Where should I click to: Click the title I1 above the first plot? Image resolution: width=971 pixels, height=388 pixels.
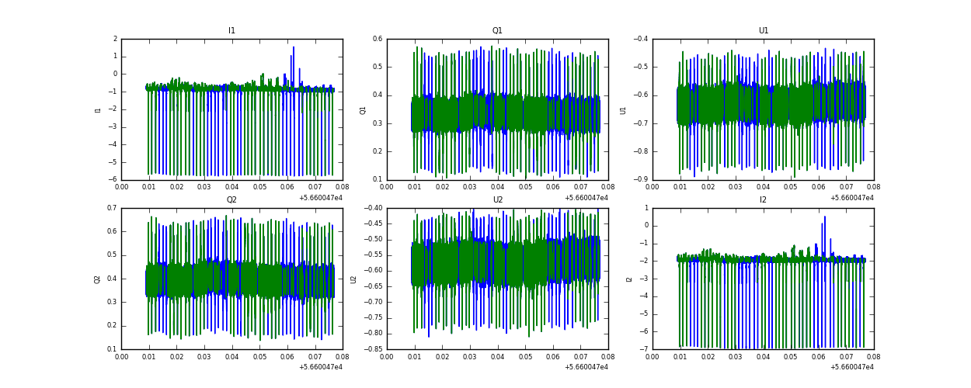[x=231, y=31]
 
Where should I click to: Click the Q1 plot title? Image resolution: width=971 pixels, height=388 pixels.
[x=497, y=31]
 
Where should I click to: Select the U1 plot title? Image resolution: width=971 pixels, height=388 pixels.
[x=763, y=31]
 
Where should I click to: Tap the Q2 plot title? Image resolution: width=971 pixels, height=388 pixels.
[x=231, y=200]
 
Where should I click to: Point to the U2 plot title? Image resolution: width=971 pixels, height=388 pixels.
[x=497, y=200]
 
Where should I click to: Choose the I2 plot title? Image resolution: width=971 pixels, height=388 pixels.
[x=763, y=200]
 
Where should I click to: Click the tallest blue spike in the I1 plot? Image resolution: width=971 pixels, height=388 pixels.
[x=294, y=48]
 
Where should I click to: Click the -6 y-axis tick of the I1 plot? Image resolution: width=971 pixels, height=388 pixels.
[x=114, y=180]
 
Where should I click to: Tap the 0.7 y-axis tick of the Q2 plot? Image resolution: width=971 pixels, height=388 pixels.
[x=112, y=208]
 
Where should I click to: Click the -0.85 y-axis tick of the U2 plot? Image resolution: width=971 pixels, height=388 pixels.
[x=375, y=349]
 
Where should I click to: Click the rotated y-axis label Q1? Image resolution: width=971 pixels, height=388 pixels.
[x=363, y=109]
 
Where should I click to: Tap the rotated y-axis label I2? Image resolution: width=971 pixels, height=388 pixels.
[x=628, y=279]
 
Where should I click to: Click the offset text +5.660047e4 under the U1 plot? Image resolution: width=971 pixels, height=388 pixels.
[x=851, y=198]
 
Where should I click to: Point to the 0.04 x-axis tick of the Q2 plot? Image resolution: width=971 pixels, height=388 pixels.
[x=232, y=358]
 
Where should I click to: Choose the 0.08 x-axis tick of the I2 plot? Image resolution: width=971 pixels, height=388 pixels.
[x=874, y=358]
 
